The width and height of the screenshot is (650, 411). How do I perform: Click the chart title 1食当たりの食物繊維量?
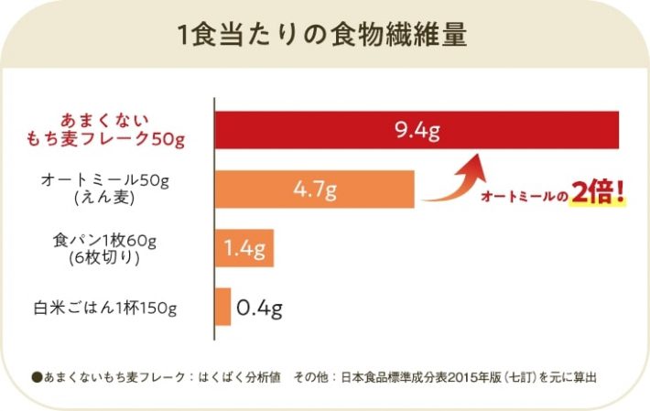pyautogui.click(x=324, y=37)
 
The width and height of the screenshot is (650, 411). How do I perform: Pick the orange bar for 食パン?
pyautogui.click(x=244, y=249)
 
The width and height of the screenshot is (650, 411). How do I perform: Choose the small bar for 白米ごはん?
pyautogui.click(x=222, y=307)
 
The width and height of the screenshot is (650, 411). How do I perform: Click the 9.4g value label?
pyautogui.click(x=417, y=130)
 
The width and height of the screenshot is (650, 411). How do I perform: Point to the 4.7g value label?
pyautogui.click(x=316, y=190)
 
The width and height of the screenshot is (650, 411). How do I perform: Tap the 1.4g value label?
pyautogui.click(x=244, y=249)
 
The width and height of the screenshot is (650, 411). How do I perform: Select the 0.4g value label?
pyautogui.click(x=259, y=307)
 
